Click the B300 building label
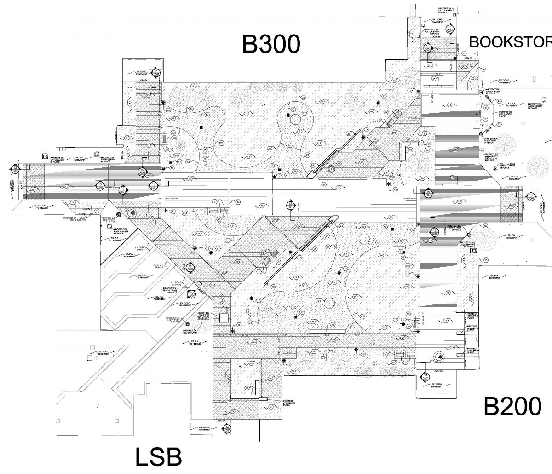pyautogui.click(x=271, y=45)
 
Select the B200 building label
pyautogui.click(x=512, y=407)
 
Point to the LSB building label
pyautogui.click(x=158, y=457)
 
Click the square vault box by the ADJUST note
pyautogui.click(x=224, y=317)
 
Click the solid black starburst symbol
pyautogui.click(x=290, y=252)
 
